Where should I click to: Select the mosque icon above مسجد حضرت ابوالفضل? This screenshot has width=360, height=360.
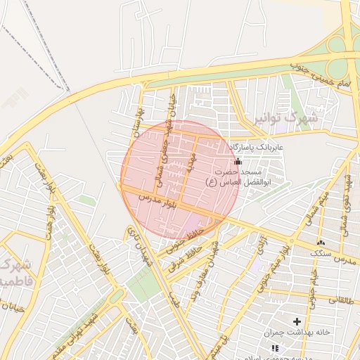tap(238, 162)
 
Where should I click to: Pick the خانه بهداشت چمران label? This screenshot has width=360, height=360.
tap(297, 333)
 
